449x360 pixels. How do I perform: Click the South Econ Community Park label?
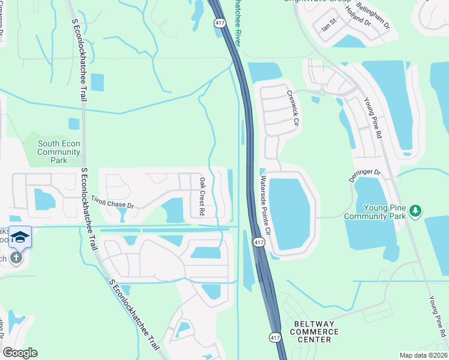click(x=59, y=152)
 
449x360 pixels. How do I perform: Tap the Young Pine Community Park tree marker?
click(x=415, y=211)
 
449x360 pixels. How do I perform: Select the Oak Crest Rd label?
click(x=202, y=197)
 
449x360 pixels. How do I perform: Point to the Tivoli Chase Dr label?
click(x=112, y=202)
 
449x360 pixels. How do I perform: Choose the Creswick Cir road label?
click(x=292, y=108)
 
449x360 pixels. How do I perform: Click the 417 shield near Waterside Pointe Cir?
click(x=258, y=242)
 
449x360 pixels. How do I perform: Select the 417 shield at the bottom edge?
click(x=275, y=338)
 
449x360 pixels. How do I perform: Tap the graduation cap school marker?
click(x=20, y=237)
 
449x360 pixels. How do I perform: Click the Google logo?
click(x=20, y=353)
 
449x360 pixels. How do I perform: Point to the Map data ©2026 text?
click(x=423, y=355)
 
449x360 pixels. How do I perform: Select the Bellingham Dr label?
click(x=373, y=17)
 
